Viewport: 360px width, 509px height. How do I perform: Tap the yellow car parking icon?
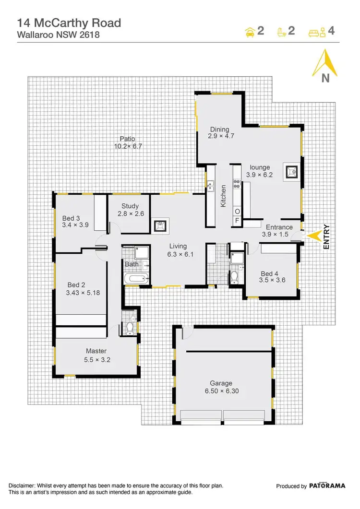coord(250,32)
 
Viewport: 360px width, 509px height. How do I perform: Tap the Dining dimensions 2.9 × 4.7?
coord(221,136)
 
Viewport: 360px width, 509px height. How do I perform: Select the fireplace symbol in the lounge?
coord(292,170)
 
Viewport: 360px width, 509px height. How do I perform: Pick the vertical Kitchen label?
coord(223,197)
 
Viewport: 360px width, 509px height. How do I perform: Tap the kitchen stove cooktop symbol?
coord(236,182)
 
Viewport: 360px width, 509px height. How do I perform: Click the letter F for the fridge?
coord(237,221)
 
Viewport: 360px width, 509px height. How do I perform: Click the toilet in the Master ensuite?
coord(128,328)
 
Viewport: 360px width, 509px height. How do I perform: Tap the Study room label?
coord(130,207)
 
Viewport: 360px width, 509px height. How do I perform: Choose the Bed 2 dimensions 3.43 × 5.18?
coord(83,293)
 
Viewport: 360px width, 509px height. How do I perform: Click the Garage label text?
coord(221,383)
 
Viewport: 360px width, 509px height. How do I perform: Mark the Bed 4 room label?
coord(269,273)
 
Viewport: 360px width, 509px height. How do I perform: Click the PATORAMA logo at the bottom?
coord(327,486)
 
